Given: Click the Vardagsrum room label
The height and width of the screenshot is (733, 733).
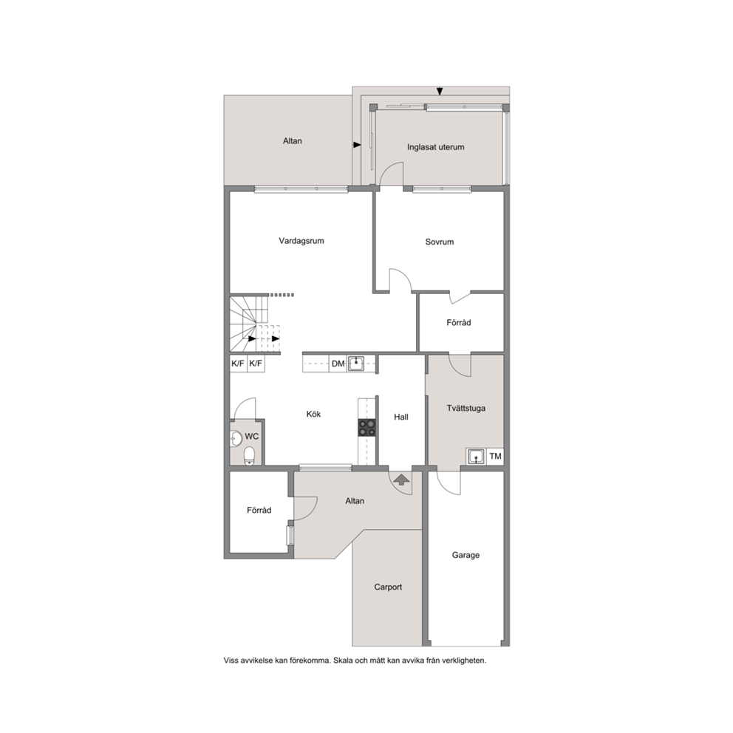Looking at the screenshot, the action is tap(301, 241).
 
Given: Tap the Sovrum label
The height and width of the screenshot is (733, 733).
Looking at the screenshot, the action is tap(440, 242).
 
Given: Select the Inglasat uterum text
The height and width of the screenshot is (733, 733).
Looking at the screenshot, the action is tap(436, 147).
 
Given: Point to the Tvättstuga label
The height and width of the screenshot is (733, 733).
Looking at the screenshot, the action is tap(466, 408).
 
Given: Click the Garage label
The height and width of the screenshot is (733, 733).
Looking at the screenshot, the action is tap(466, 556).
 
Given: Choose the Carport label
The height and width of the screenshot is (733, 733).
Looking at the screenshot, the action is tap(388, 587).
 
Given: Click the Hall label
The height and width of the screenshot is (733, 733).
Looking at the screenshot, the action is tap(401, 417).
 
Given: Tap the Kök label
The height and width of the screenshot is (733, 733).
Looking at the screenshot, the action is tap(314, 415).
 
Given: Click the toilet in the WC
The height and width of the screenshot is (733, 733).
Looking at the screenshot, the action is tap(249, 455).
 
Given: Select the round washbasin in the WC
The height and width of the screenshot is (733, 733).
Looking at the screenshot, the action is tap(236, 438).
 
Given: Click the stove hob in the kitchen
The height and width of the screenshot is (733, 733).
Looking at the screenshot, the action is tap(367, 428).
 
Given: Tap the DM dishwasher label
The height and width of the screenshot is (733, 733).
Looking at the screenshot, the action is tap(338, 364).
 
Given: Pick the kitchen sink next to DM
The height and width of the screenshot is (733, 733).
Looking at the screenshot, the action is tap(355, 364).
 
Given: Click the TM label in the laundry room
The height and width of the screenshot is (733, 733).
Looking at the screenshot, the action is tap(495, 456).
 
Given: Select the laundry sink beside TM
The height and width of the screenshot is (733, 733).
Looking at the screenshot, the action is tap(476, 456).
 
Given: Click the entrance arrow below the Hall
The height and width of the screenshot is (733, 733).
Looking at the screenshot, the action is tap(401, 480).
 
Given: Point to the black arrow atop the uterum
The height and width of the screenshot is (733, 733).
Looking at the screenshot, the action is tap(440, 91).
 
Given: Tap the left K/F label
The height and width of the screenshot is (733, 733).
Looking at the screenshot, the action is tap(238, 364).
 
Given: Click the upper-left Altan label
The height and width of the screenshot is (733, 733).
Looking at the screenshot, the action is tap(292, 141).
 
